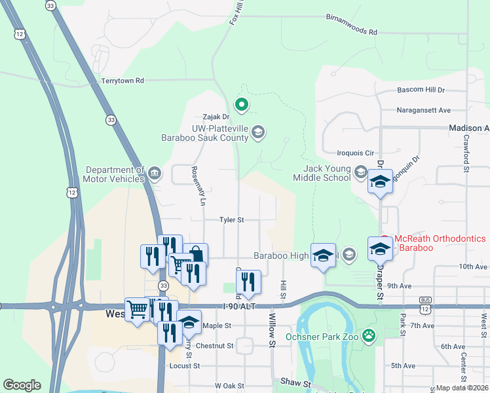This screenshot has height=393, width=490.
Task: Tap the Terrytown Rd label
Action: [x=122, y=81]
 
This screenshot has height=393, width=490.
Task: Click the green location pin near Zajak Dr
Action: [x=242, y=103]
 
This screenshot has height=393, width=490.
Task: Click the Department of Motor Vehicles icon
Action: [x=155, y=174]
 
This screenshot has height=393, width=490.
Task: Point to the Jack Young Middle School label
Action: [x=322, y=174]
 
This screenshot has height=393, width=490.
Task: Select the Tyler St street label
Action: [x=231, y=220]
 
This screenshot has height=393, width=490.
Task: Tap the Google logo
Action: [x=22, y=385]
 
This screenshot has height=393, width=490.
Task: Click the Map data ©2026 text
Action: [x=462, y=388]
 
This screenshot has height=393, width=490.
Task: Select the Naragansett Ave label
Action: [x=424, y=110]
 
